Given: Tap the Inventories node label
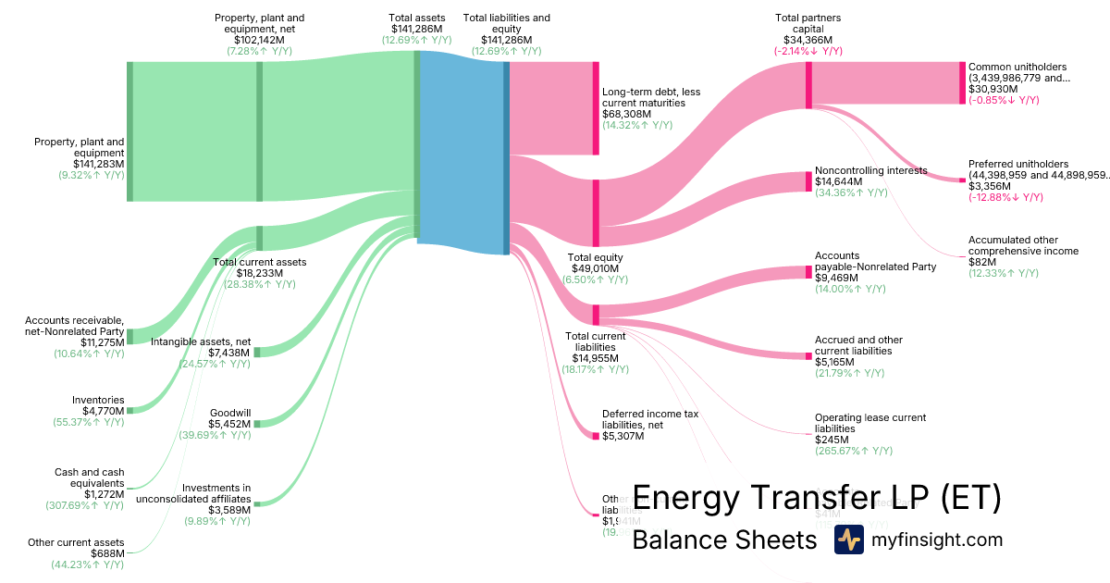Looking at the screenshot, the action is tap(98, 400).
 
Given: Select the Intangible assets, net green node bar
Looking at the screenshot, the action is tap(258, 352).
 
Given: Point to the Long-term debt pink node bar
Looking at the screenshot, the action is tap(596, 108).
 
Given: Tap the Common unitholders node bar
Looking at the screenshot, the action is tap(962, 83).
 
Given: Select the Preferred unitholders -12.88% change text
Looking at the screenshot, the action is tap(1004, 197).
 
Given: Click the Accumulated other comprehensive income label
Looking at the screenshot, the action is tap(1023, 245).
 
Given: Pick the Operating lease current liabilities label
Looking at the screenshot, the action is tap(869, 423).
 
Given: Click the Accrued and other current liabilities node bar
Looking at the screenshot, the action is tap(808, 356).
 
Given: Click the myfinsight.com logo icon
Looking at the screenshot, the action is tap(848, 540).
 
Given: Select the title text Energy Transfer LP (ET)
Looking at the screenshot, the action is tap(816, 498).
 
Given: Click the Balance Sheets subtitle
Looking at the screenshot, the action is tap(724, 540).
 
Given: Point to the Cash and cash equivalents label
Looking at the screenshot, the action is tap(89, 478).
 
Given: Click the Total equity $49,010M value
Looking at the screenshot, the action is tap(595, 268).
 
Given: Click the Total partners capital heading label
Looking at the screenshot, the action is tap(808, 23).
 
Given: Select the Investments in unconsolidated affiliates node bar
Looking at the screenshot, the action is tap(258, 504).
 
